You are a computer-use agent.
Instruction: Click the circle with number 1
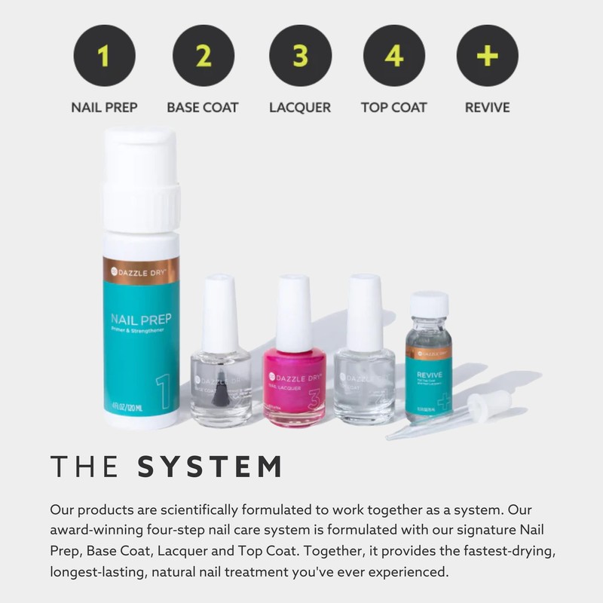point(104,56)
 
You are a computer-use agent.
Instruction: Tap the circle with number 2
point(203,56)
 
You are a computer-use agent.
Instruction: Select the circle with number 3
point(299,56)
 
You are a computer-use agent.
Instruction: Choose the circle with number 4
point(394,56)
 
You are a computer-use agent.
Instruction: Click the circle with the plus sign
point(487,56)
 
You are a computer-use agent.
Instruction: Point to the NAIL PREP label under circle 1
point(104,107)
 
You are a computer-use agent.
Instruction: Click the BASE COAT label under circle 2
point(203,107)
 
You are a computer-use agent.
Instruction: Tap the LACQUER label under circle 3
point(299,107)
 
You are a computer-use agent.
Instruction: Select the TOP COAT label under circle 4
point(394,107)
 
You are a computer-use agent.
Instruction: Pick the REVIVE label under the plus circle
point(487,107)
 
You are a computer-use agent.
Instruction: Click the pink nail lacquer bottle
point(294,384)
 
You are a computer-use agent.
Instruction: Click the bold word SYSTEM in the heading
point(210,467)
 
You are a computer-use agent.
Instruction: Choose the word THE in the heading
point(84,467)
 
